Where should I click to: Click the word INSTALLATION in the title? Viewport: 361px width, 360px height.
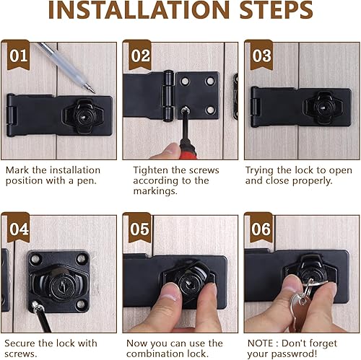click(139, 10)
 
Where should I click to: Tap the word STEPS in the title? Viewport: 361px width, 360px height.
click(277, 10)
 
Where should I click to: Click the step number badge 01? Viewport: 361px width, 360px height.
click(18, 55)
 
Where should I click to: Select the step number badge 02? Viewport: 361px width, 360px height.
click(140, 55)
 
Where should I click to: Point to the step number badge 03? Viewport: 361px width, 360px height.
click(261, 55)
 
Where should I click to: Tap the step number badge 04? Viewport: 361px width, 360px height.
click(19, 228)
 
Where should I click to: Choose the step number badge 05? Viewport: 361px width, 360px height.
click(140, 228)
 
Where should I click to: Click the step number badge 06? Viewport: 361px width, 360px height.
click(261, 228)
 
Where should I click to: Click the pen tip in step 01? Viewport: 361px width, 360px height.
click(94, 92)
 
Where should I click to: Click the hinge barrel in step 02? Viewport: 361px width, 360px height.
click(168, 96)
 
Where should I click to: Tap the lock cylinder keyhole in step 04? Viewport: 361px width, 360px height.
click(62, 285)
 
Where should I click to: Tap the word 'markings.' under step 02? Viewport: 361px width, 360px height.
click(155, 191)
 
